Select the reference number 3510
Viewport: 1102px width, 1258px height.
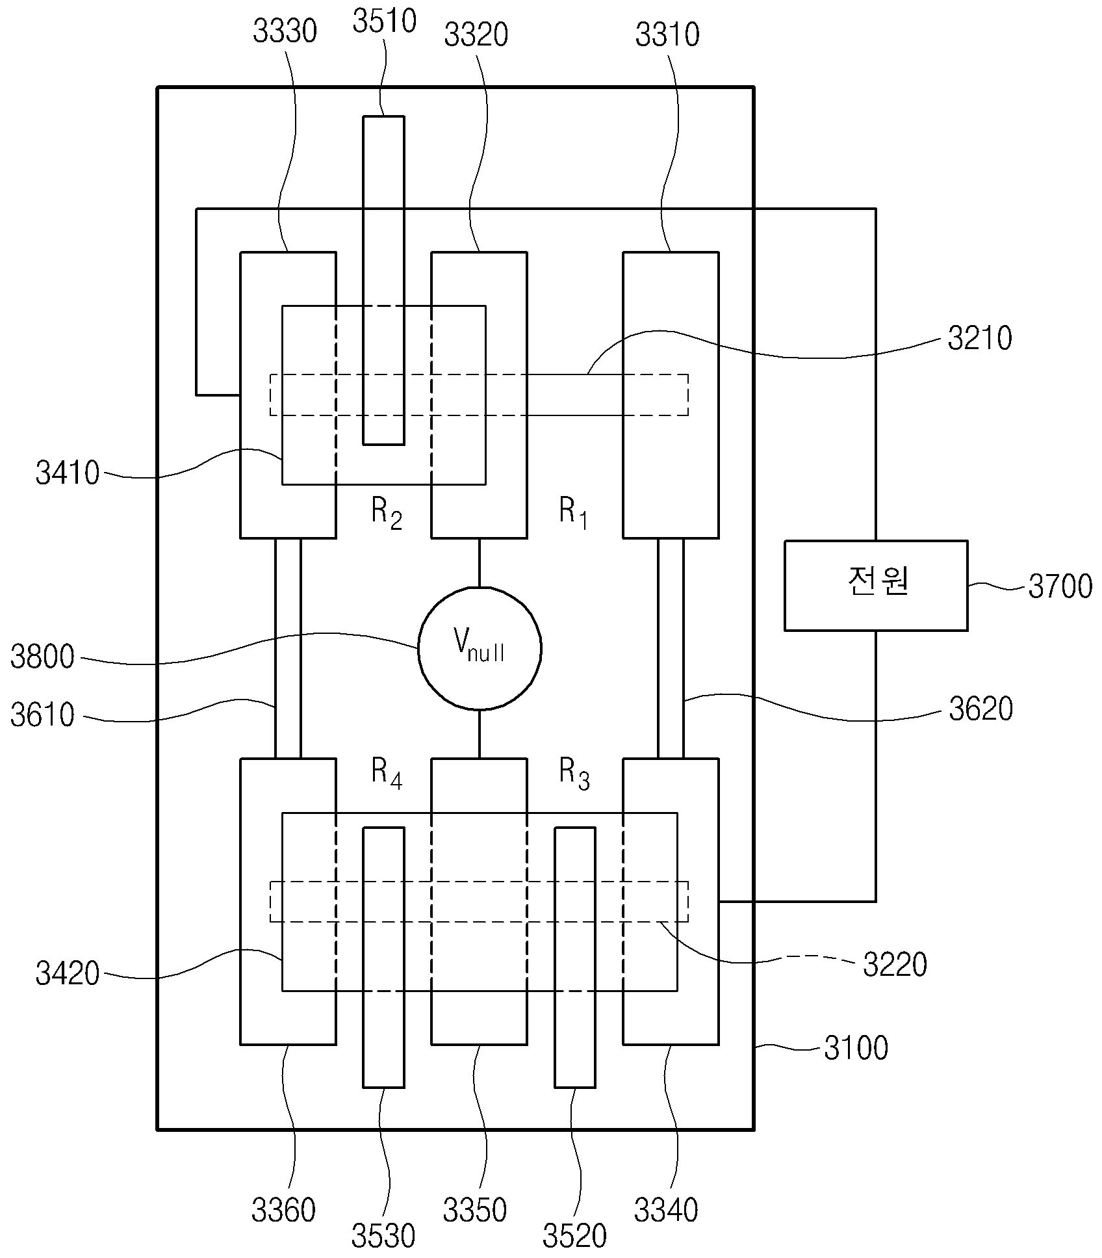[384, 21]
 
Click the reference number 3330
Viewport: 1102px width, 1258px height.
[285, 32]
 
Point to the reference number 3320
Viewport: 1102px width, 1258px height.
[476, 35]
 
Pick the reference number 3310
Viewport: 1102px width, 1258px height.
[667, 35]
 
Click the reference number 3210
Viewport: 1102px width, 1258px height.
[980, 339]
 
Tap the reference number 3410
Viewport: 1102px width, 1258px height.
[68, 473]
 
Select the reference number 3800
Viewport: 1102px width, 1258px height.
[43, 657]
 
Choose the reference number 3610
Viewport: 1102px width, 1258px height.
[43, 716]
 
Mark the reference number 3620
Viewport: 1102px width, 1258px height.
[981, 709]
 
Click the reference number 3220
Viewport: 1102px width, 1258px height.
[895, 965]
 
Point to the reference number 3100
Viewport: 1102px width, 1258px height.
[856, 1049]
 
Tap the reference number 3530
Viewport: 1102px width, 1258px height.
[383, 1237]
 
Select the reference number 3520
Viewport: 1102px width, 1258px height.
[575, 1237]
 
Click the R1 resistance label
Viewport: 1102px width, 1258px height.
[574, 514]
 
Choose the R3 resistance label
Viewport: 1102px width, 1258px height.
[575, 774]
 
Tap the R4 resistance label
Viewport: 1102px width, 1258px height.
[387, 774]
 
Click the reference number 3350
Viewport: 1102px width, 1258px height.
[475, 1211]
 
